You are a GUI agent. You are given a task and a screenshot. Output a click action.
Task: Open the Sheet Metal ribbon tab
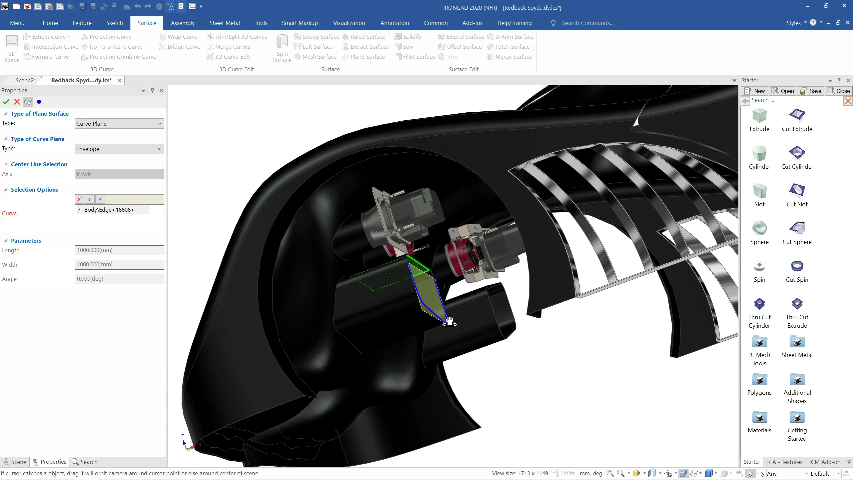coord(224,23)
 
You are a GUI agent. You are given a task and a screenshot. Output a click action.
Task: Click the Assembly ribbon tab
coord(183,23)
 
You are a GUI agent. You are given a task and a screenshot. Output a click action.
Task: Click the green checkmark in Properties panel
coord(6,102)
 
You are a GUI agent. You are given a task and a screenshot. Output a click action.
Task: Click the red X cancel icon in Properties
coord(17,102)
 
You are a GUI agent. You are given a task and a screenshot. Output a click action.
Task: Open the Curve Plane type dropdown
coord(119,124)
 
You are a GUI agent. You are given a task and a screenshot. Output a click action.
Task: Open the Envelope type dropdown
coord(119,149)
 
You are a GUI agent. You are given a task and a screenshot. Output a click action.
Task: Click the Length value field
coord(119,250)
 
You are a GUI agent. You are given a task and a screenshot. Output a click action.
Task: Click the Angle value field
coord(119,279)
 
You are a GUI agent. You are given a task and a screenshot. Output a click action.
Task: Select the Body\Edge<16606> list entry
coord(109,210)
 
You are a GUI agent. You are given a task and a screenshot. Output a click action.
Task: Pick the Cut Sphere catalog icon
coord(797,228)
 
